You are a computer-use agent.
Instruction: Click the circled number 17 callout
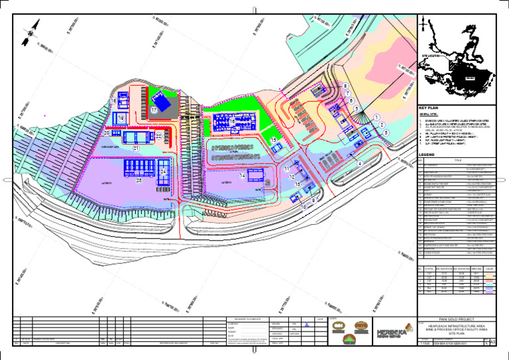tap(153, 110)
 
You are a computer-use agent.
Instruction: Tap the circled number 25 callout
tap(139, 180)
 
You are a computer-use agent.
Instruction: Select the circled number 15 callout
tap(274, 141)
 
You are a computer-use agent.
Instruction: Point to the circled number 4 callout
tap(359, 164)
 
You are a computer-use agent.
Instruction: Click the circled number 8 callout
tap(345, 86)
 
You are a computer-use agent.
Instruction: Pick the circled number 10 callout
tap(304, 208)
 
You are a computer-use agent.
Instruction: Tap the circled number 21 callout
tap(136, 149)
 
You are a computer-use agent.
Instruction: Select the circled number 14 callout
tap(243, 176)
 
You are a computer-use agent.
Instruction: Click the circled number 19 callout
tap(121, 118)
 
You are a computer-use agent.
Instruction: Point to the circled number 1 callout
tap(376, 117)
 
